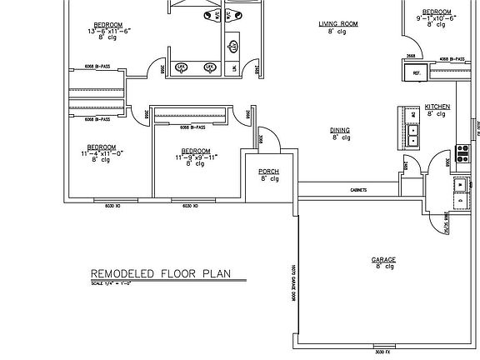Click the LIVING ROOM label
point(337,24)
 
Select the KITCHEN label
point(437,107)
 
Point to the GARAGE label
point(382,259)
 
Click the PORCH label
point(268,171)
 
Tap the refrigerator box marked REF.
point(414,73)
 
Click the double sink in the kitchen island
point(412,135)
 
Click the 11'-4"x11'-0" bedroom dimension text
point(102,152)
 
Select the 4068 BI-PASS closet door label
point(450,60)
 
